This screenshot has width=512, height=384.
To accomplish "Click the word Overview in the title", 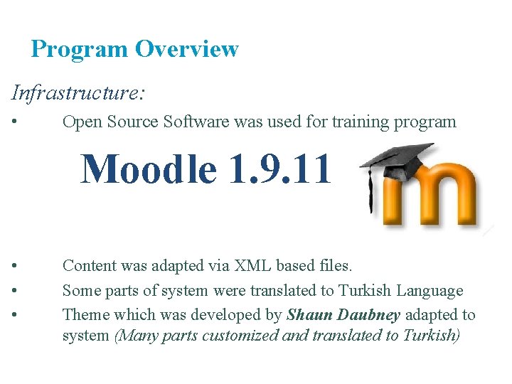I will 187,49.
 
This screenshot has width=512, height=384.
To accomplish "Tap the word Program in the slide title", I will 79,50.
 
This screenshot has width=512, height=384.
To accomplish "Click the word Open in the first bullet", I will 80,122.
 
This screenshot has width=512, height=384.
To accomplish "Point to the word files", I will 334,266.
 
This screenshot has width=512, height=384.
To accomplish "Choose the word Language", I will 430,290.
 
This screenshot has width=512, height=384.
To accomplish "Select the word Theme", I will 84,315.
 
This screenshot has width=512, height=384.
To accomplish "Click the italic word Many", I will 137,335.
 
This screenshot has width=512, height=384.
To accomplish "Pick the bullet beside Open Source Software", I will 15,122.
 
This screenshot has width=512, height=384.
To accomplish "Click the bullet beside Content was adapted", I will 15,266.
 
